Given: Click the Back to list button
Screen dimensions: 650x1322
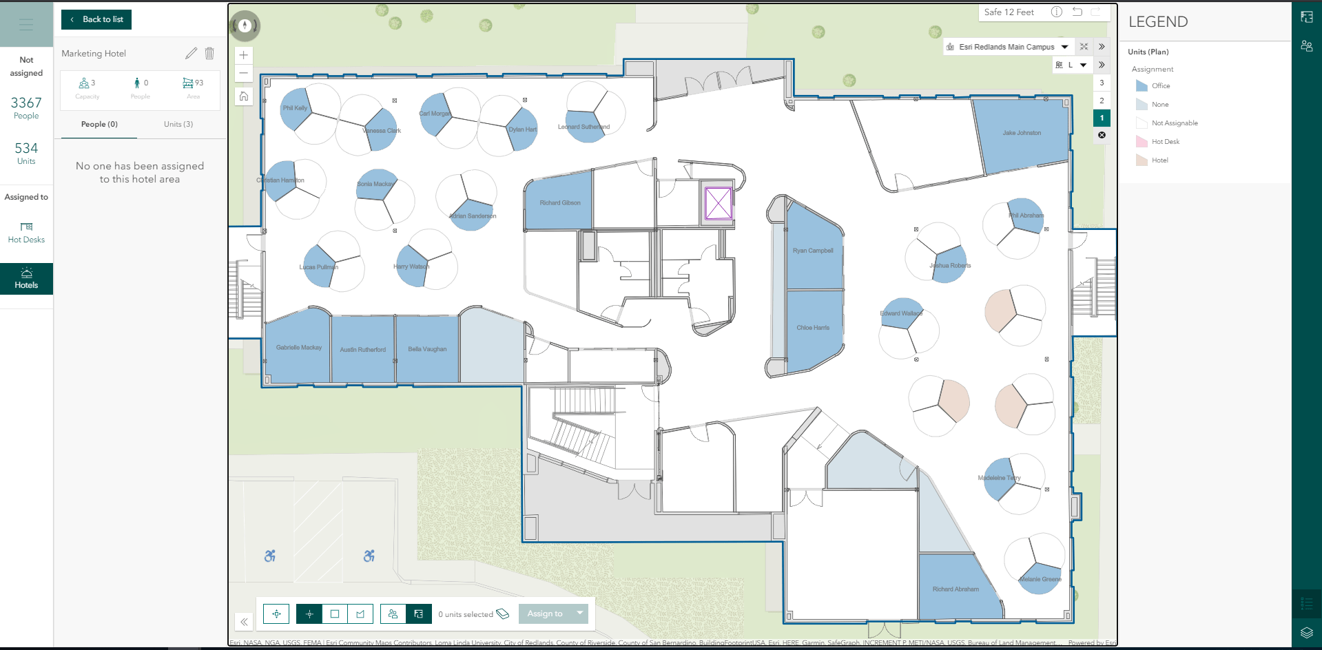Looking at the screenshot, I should (96, 19).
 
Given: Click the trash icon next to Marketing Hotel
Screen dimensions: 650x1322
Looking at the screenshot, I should (209, 53).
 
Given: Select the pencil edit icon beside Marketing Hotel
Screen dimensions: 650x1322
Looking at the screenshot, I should (191, 53).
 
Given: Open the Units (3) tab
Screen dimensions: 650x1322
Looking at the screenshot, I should (178, 124).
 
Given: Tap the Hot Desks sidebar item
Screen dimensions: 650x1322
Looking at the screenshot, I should (26, 233).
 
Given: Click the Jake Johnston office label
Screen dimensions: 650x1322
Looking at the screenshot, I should (1022, 133).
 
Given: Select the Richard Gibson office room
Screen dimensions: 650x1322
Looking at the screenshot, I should (559, 202).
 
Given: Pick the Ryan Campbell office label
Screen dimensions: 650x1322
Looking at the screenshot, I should (813, 251).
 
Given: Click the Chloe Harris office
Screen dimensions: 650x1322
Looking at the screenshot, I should (813, 328).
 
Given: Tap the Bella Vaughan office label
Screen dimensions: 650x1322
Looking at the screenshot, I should (427, 349).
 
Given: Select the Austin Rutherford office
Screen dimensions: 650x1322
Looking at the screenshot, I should (362, 350).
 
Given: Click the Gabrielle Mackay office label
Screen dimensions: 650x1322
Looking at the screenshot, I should (299, 348).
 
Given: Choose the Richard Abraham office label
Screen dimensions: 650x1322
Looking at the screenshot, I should (956, 589).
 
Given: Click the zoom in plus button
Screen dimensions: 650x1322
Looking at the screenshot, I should (244, 55).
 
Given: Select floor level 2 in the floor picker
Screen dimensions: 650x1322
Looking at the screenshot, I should (1102, 101).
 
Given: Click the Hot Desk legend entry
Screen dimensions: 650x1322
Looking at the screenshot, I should (1165, 142).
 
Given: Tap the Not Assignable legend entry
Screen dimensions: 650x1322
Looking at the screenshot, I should (1174, 123).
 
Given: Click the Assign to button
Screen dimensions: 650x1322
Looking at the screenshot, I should (545, 614).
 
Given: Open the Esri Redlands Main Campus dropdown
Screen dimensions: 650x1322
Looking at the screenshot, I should (1065, 47).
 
